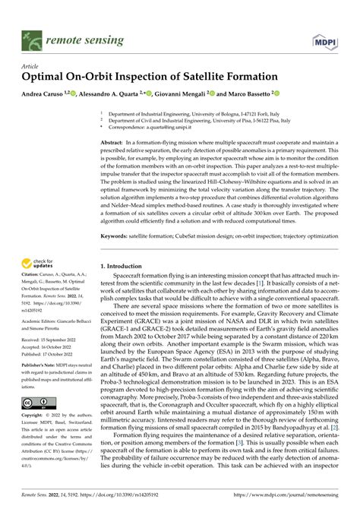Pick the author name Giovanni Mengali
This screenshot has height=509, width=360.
(191, 94)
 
